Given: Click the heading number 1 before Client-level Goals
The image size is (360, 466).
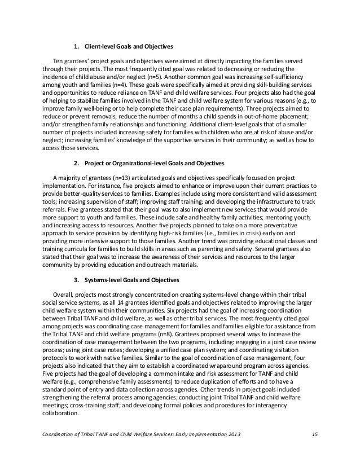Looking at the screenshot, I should click(77, 46).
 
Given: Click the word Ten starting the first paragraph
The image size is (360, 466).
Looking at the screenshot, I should click(58, 60).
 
